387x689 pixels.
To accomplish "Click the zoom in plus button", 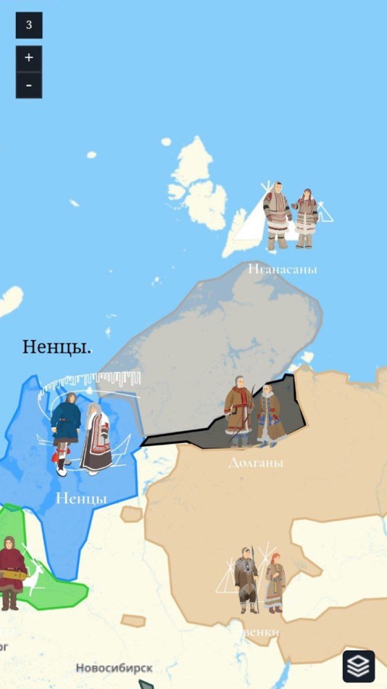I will [x=29, y=58].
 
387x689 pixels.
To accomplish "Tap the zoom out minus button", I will [x=29, y=85].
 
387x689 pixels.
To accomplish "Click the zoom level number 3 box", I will [x=29, y=25].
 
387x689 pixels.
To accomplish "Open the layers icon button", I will [x=359, y=665].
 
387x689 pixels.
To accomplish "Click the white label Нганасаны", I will [x=283, y=269].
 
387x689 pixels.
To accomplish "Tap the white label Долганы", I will [x=255, y=463].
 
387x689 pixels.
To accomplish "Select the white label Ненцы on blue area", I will [x=81, y=498].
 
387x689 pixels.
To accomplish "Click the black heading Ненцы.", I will [x=57, y=347].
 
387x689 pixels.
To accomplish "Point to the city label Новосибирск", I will [x=114, y=668].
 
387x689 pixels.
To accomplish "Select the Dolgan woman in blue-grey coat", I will [x=271, y=415].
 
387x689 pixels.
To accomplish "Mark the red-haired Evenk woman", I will [x=275, y=582].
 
